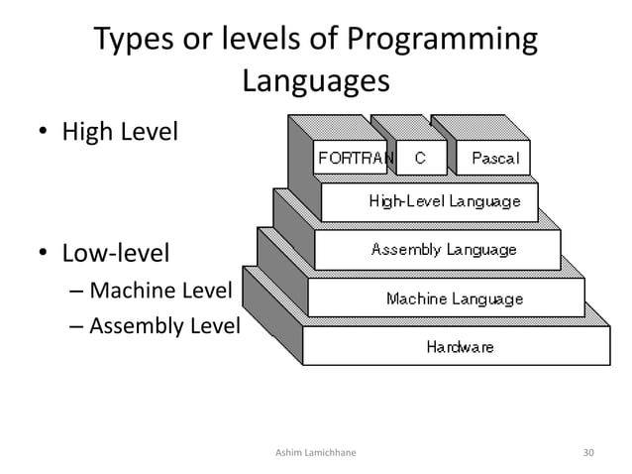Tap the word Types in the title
click(134, 41)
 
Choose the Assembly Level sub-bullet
click(164, 323)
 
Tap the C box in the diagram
click(420, 158)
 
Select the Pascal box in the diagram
click(494, 158)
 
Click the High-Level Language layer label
click(444, 201)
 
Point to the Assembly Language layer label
click(443, 249)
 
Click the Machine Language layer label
click(454, 297)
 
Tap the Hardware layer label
click(460, 346)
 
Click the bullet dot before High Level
click(45, 133)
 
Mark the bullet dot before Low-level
click(45, 254)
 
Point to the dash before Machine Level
click(77, 292)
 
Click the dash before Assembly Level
click(77, 324)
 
